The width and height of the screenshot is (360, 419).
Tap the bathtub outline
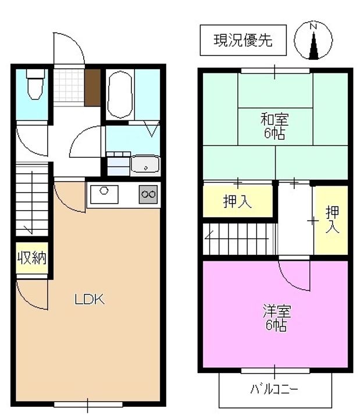[x=120, y=94]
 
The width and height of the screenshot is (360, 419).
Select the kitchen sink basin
[x=104, y=194]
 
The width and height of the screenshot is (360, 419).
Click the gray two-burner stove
[x=148, y=194]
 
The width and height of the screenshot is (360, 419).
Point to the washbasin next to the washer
[x=145, y=164]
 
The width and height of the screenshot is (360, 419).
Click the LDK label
[x=89, y=300]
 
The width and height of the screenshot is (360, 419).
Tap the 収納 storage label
[x=32, y=258]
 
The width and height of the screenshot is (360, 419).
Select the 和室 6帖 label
[x=275, y=126]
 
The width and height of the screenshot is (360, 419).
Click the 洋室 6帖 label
[x=277, y=318]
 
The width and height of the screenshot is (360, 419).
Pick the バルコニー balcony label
[x=274, y=389]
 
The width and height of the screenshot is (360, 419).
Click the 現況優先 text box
[x=243, y=40]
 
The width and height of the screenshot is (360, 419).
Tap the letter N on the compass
[x=313, y=26]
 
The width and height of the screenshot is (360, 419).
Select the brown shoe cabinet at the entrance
[x=92, y=87]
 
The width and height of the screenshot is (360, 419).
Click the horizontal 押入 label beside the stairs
[x=237, y=201]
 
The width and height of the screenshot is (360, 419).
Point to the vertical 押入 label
[x=332, y=219]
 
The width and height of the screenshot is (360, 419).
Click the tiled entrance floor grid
[x=69, y=86]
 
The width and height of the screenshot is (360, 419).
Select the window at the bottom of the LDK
[x=88, y=404]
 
